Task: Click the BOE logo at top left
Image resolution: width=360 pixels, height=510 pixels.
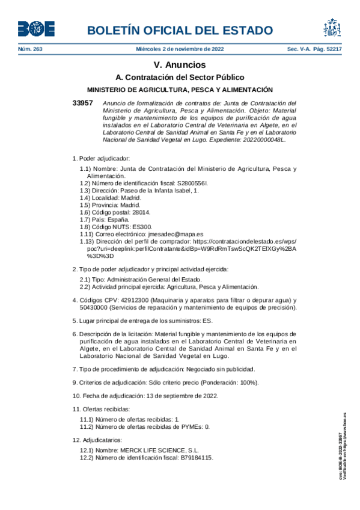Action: tap(35, 28)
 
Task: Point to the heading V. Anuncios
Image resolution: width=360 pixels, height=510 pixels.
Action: tap(180, 65)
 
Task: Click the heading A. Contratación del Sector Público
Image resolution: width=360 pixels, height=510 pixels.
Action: tap(180, 78)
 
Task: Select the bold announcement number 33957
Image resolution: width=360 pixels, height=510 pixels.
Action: tap(82, 103)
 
